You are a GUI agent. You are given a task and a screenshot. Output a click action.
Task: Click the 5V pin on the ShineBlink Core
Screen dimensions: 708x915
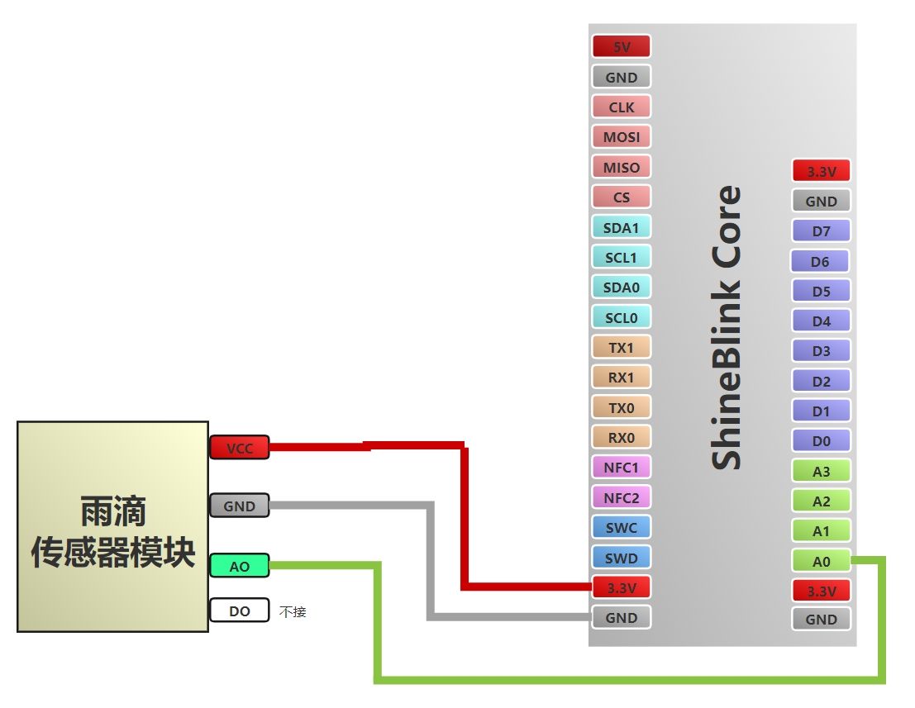[622, 47]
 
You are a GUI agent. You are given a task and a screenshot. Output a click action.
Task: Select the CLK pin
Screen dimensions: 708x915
[622, 107]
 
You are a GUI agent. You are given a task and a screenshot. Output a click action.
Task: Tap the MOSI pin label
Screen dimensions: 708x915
[622, 137]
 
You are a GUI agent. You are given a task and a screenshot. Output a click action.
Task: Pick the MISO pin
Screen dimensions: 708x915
[622, 167]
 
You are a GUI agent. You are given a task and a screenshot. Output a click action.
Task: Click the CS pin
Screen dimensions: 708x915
[622, 197]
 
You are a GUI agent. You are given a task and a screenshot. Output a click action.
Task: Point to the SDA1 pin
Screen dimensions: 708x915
[622, 227]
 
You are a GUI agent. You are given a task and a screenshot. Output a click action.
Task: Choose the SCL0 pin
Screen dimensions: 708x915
[622, 317]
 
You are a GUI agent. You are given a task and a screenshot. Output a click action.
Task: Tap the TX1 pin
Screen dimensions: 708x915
[622, 348]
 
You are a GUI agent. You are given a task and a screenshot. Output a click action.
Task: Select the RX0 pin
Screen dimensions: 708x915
[622, 437]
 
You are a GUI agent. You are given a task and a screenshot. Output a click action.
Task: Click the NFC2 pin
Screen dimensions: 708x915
[622, 497]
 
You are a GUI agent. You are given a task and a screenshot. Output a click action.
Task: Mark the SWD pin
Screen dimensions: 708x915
[622, 558]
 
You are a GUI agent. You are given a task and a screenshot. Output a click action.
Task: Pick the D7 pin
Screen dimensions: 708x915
[821, 231]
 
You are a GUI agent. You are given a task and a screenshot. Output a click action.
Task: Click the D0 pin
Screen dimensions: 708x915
[821, 441]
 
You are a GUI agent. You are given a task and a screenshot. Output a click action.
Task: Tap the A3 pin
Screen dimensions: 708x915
[821, 471]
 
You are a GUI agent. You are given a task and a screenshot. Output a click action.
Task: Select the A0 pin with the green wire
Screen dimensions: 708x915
[821, 562]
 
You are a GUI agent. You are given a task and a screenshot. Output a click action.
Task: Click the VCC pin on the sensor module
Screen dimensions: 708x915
[240, 448]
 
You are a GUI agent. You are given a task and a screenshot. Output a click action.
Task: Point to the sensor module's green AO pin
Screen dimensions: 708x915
[240, 566]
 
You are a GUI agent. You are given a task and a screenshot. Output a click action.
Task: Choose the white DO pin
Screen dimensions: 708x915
[240, 611]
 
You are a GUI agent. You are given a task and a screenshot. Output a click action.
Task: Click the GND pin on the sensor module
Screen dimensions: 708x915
[240, 506]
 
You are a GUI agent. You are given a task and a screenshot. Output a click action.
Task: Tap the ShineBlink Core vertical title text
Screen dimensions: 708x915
[727, 328]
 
